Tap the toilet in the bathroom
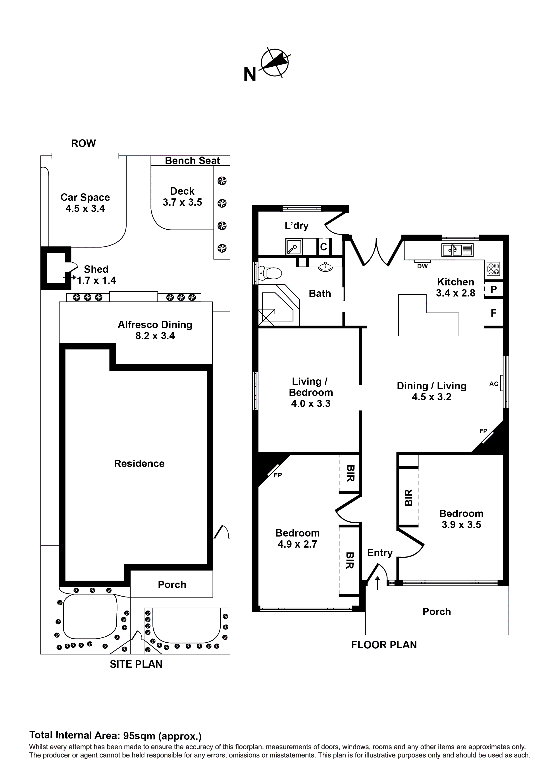[271, 273]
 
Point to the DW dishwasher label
[422, 266]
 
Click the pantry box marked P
[493, 289]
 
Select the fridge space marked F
[493, 313]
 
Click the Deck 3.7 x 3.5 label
[182, 197]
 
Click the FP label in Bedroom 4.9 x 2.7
[278, 475]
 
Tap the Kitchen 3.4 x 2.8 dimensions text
[455, 293]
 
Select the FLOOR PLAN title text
[384, 645]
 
